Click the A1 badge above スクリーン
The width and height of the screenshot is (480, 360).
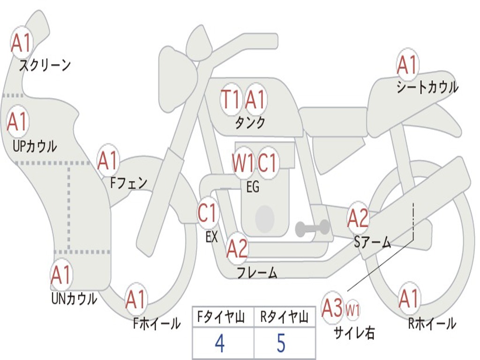pos(21,43)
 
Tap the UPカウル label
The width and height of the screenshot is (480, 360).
pos(34,146)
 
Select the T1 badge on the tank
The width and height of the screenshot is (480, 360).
pos(231,99)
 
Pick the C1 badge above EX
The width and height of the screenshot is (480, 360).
pos(208,213)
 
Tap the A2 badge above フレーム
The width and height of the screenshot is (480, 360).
pos(237,248)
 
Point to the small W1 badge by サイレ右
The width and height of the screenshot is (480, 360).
pos(352,310)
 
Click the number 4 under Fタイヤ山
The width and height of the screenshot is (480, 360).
pos(219,343)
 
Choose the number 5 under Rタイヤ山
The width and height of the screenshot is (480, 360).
pos(281,343)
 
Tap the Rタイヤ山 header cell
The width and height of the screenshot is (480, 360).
pos(284,318)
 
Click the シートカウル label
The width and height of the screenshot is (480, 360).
pos(427,87)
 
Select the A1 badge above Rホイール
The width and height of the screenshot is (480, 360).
pos(409,299)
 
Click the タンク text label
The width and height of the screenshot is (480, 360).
pos(250,123)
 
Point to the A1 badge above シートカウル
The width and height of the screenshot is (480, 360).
pos(407,65)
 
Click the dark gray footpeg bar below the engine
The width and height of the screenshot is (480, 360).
pos(313,228)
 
